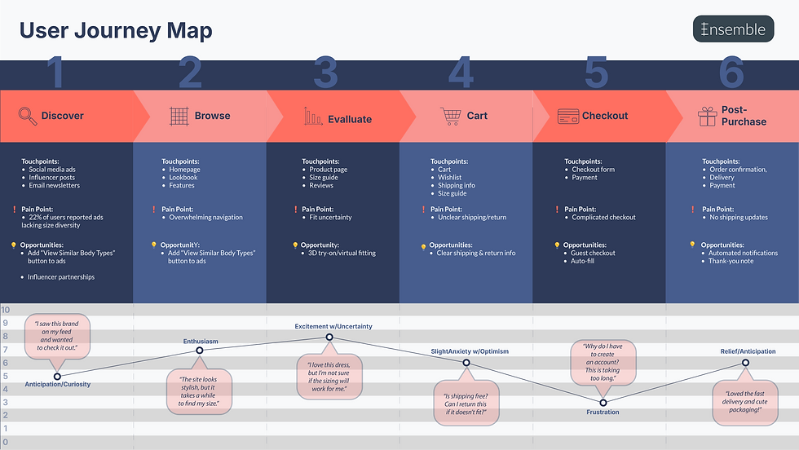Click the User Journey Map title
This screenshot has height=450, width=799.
point(116,31)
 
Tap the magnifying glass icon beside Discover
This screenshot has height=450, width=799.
point(28,116)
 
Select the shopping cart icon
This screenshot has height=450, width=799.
point(450,116)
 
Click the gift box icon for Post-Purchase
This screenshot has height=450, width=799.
point(707,117)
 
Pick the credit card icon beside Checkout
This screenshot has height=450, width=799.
point(568,116)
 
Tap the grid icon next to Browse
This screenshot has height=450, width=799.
point(179,116)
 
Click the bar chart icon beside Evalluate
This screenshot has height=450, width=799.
point(313,117)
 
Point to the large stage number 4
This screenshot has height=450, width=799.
point(461,73)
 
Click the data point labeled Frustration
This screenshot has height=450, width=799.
point(603,403)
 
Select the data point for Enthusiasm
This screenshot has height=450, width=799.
point(200,351)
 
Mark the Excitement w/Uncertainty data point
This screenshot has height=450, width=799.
point(329,337)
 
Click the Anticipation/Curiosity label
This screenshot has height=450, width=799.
point(57,384)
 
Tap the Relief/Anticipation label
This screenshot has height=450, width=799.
point(748,351)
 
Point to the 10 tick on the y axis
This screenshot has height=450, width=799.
point(5,311)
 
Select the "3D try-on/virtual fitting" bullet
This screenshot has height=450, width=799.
point(342,254)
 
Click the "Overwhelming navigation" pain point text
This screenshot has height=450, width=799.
point(207,218)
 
